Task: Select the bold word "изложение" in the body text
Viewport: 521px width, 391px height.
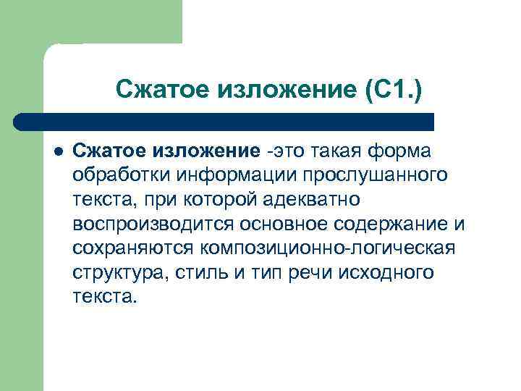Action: (205, 151)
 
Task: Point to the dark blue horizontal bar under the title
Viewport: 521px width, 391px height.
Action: (224, 121)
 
